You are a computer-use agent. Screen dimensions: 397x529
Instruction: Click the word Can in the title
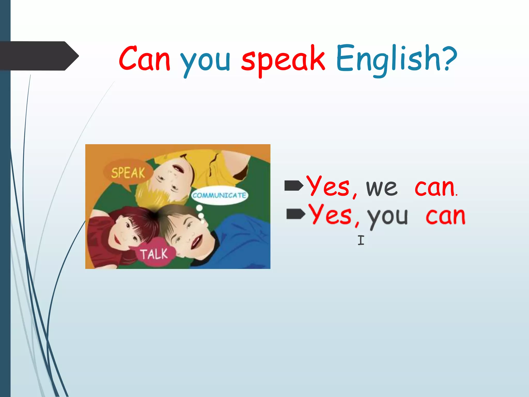pos(145,59)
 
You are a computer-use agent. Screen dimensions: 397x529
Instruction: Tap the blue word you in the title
pos(205,61)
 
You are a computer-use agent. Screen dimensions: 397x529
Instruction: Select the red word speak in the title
pos(283,59)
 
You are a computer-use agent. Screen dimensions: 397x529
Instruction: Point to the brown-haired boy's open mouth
pos(196,242)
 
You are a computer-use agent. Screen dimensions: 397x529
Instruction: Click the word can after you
pos(446,216)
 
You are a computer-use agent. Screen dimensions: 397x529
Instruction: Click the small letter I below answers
pos(361,240)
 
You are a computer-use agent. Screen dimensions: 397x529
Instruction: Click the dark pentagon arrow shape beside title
pos(39,56)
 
